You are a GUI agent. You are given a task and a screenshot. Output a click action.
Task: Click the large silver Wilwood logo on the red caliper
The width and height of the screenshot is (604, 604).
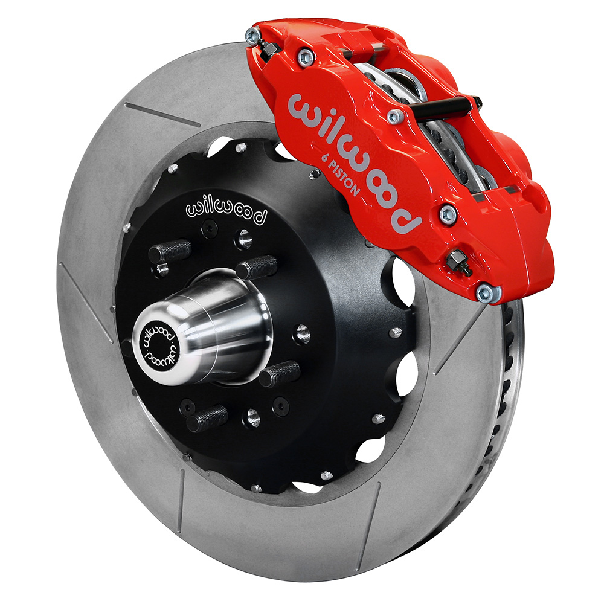click(353, 162)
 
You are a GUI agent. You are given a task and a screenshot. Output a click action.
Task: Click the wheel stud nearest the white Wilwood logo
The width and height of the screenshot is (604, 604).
click(170, 251)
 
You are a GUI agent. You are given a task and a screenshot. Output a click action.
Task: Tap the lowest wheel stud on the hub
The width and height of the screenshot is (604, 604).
click(207, 419)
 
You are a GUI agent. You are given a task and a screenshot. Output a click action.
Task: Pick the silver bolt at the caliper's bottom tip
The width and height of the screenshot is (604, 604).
click(484, 294)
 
